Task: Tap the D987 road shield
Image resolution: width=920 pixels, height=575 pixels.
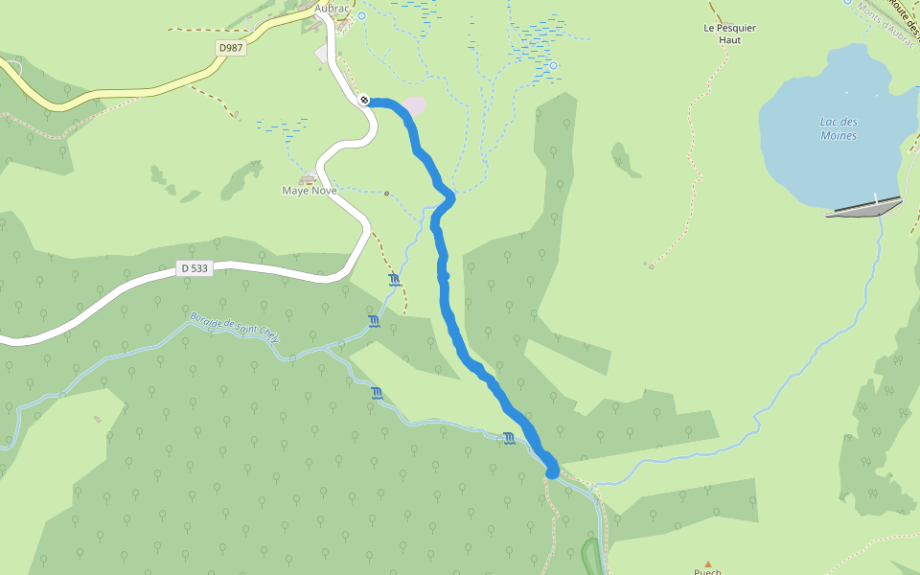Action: (230, 47)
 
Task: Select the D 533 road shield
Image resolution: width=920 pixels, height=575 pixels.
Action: (195, 269)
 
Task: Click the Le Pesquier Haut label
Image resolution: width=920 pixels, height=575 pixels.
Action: (729, 34)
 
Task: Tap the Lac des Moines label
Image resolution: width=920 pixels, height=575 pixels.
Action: (839, 128)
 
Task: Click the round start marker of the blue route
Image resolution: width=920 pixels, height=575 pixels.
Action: (365, 100)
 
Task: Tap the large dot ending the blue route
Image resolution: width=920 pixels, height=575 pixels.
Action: (552, 471)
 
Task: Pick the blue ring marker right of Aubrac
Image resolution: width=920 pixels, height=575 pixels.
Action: (362, 16)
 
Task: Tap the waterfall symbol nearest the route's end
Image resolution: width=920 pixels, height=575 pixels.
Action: (509, 438)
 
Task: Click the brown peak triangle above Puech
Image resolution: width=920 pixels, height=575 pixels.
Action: (708, 564)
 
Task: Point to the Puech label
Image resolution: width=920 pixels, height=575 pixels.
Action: (708, 572)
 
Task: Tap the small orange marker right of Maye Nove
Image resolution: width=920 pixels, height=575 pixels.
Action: (386, 194)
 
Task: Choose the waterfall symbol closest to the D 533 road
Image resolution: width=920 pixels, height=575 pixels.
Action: (394, 279)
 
